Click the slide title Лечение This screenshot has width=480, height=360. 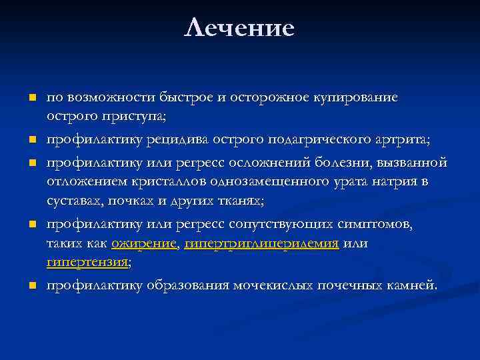[x=240, y=28]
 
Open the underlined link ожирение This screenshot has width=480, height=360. [x=144, y=243]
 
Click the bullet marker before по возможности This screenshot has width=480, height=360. [x=31, y=98]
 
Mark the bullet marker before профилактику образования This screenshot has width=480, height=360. [x=31, y=286]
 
